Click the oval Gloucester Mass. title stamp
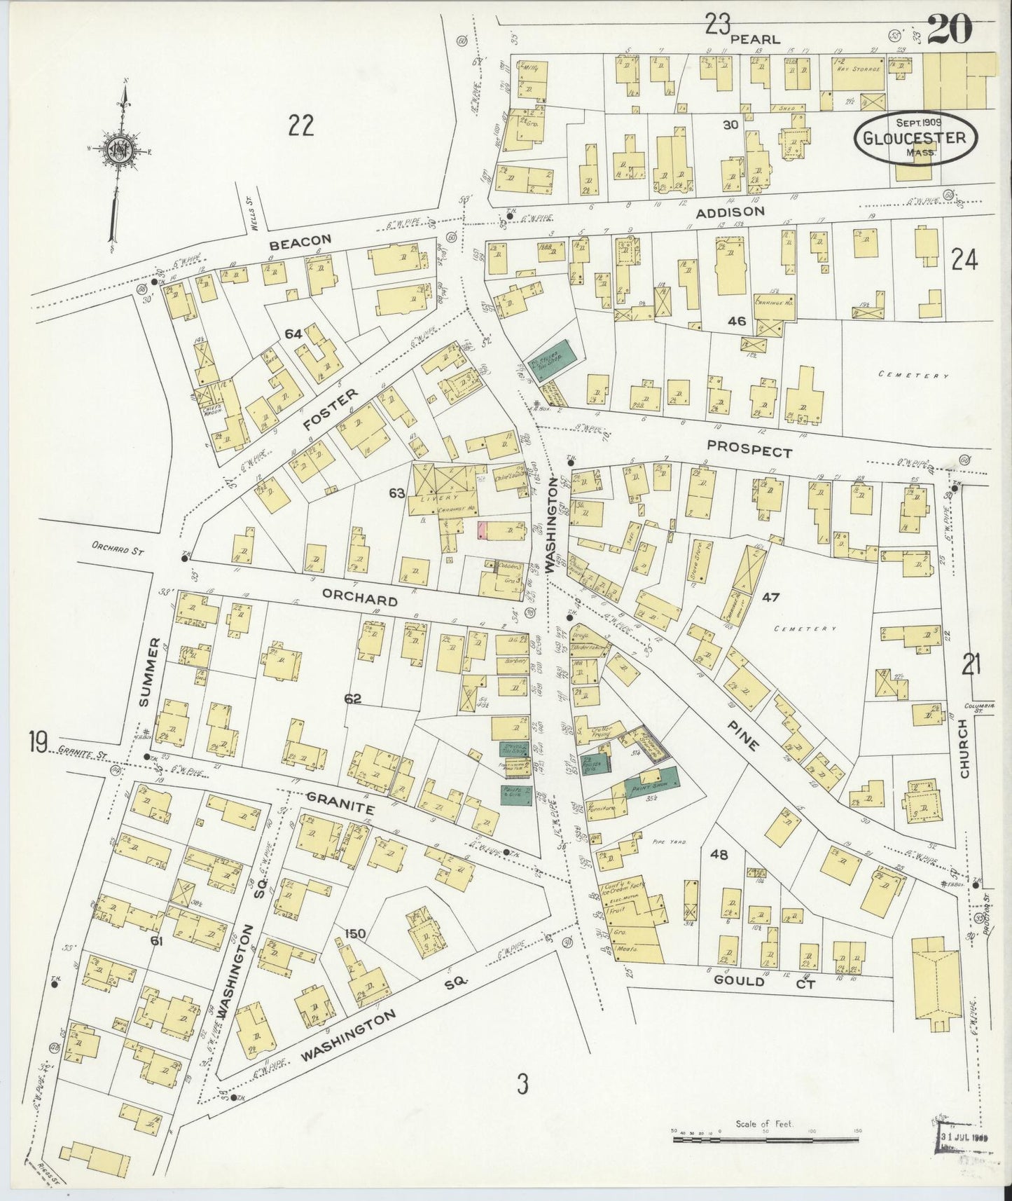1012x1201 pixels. [x=908, y=137]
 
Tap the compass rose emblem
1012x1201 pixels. [x=116, y=149]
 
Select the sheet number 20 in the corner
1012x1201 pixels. [x=950, y=29]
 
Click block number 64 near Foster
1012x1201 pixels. [x=293, y=334]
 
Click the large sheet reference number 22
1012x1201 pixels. [x=300, y=127]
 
